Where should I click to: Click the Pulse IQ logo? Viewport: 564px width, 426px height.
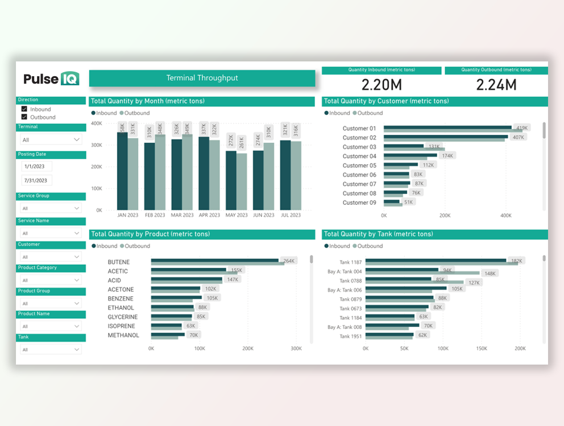pyautogui.click(x=51, y=78)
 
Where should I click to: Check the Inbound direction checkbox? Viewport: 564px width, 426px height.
pyautogui.click(x=24, y=109)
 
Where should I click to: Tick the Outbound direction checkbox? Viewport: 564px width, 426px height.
pyautogui.click(x=24, y=117)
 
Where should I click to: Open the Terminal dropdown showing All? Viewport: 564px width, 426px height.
pyautogui.click(x=51, y=140)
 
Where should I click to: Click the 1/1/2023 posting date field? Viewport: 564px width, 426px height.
pyautogui.click(x=36, y=167)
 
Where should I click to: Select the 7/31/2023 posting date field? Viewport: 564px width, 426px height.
pyautogui.click(x=36, y=180)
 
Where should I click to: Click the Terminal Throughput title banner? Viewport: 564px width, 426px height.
pyautogui.click(x=202, y=78)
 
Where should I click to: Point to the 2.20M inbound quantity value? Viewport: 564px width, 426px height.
pyautogui.click(x=381, y=85)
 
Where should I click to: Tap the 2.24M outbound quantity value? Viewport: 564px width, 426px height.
pyautogui.click(x=496, y=85)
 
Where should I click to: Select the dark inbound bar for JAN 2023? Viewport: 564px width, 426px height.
pyautogui.click(x=122, y=171)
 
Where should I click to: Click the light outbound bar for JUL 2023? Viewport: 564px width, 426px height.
pyautogui.click(x=296, y=175)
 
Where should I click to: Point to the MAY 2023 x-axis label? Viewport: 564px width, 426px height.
pyautogui.click(x=237, y=216)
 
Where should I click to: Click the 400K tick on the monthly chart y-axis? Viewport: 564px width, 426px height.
pyautogui.click(x=96, y=123)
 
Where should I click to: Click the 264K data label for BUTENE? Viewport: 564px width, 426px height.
pyautogui.click(x=289, y=261)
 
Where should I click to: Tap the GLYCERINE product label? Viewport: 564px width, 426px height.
pyautogui.click(x=122, y=317)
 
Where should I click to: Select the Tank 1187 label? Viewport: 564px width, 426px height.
pyautogui.click(x=350, y=262)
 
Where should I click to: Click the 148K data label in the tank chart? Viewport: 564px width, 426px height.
pyautogui.click(x=490, y=274)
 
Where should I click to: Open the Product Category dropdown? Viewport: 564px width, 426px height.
pyautogui.click(x=51, y=280)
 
